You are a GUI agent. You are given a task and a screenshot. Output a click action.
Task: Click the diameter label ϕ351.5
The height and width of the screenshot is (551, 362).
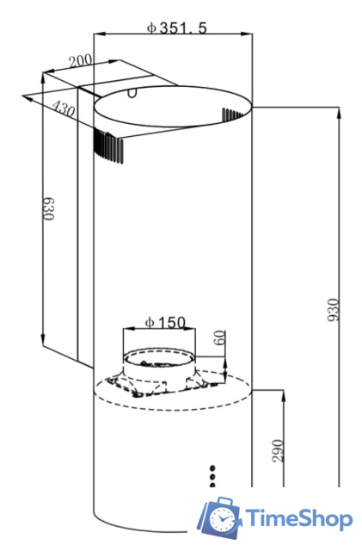point(177,28)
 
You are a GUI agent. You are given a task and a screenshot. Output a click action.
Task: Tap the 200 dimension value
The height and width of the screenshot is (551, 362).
point(81,61)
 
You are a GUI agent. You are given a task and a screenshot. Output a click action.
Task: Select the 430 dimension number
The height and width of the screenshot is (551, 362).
point(64,108)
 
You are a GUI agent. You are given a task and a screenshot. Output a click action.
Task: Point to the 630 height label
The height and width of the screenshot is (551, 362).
point(48,208)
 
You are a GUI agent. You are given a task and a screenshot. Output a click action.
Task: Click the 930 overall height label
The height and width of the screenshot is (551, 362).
point(334,310)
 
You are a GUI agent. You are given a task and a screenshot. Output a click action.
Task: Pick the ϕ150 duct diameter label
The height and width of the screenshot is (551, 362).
point(165,322)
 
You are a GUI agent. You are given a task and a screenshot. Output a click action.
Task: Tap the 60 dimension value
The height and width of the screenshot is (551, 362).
point(219,337)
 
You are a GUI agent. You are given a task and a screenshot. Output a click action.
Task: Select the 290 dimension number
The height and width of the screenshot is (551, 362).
point(278,451)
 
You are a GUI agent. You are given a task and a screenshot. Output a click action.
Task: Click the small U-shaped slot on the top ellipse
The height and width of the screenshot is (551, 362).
point(132,94)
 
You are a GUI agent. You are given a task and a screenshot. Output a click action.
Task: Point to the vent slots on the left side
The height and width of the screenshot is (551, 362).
point(108,147)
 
